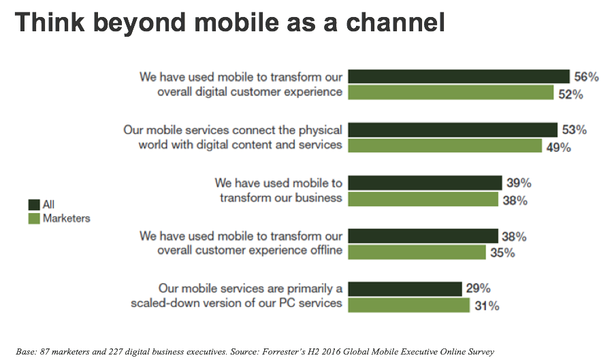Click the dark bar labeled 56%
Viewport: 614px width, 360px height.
[459, 76]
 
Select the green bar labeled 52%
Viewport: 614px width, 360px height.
[451, 93]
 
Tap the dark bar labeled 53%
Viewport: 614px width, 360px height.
[453, 129]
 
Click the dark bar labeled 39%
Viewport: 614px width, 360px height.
[425, 182]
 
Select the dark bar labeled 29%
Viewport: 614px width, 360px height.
[405, 289]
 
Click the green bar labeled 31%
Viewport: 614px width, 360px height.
[408, 305]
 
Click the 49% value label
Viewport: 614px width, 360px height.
[558, 147]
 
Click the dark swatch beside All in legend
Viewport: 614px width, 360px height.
[33, 204]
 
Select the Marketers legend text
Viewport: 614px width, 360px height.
[66, 218]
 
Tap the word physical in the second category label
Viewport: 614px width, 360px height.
[318, 129]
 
